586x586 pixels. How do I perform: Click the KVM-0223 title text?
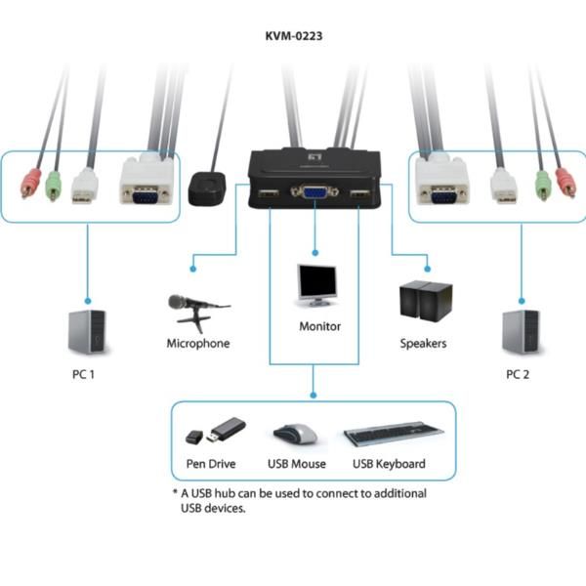(x=294, y=36)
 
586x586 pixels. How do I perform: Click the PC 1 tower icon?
(x=85, y=330)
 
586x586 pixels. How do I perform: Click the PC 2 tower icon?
(x=521, y=330)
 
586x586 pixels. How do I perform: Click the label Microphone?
(x=198, y=344)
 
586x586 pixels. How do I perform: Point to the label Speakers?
(x=424, y=344)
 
